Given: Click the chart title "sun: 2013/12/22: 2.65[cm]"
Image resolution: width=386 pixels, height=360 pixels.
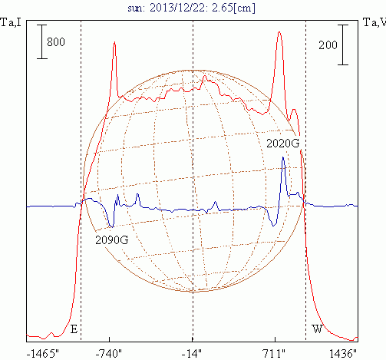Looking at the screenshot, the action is [x=191, y=8].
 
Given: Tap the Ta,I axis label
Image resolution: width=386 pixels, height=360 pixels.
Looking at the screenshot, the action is [x=11, y=22].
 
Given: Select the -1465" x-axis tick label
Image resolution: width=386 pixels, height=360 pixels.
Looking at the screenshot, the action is [x=42, y=354].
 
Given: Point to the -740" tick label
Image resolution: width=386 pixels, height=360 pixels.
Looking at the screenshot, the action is [x=109, y=354].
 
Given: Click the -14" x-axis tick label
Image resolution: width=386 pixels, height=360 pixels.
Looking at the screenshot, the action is [x=192, y=354].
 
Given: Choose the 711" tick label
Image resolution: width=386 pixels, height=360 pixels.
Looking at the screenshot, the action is [x=274, y=354].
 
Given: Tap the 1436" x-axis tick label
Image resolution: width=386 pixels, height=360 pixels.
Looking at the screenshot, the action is [x=343, y=354].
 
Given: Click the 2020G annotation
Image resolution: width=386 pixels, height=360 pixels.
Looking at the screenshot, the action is [x=282, y=144].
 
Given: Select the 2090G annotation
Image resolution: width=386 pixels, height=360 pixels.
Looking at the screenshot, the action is [x=112, y=240].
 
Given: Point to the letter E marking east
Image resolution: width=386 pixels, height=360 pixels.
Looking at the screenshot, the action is [x=74, y=329].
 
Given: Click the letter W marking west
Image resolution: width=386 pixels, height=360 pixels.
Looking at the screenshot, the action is [x=317, y=329].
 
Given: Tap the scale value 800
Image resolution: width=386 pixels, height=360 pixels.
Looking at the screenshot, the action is [x=56, y=42].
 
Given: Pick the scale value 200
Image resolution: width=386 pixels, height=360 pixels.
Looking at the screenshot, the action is [x=328, y=45].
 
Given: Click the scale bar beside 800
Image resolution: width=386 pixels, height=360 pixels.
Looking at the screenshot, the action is [x=42, y=41].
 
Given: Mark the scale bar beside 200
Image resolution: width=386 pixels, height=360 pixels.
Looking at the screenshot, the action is [x=343, y=45].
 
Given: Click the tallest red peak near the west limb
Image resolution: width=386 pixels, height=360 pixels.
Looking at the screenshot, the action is [x=279, y=32].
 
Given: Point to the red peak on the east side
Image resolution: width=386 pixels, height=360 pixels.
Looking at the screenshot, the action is [x=114, y=42].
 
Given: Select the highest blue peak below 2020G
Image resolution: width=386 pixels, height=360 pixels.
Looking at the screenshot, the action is [x=283, y=157].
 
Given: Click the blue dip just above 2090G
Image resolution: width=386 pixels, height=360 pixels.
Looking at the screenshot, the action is [x=111, y=226].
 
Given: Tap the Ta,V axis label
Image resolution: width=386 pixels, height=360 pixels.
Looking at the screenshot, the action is [x=374, y=22].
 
